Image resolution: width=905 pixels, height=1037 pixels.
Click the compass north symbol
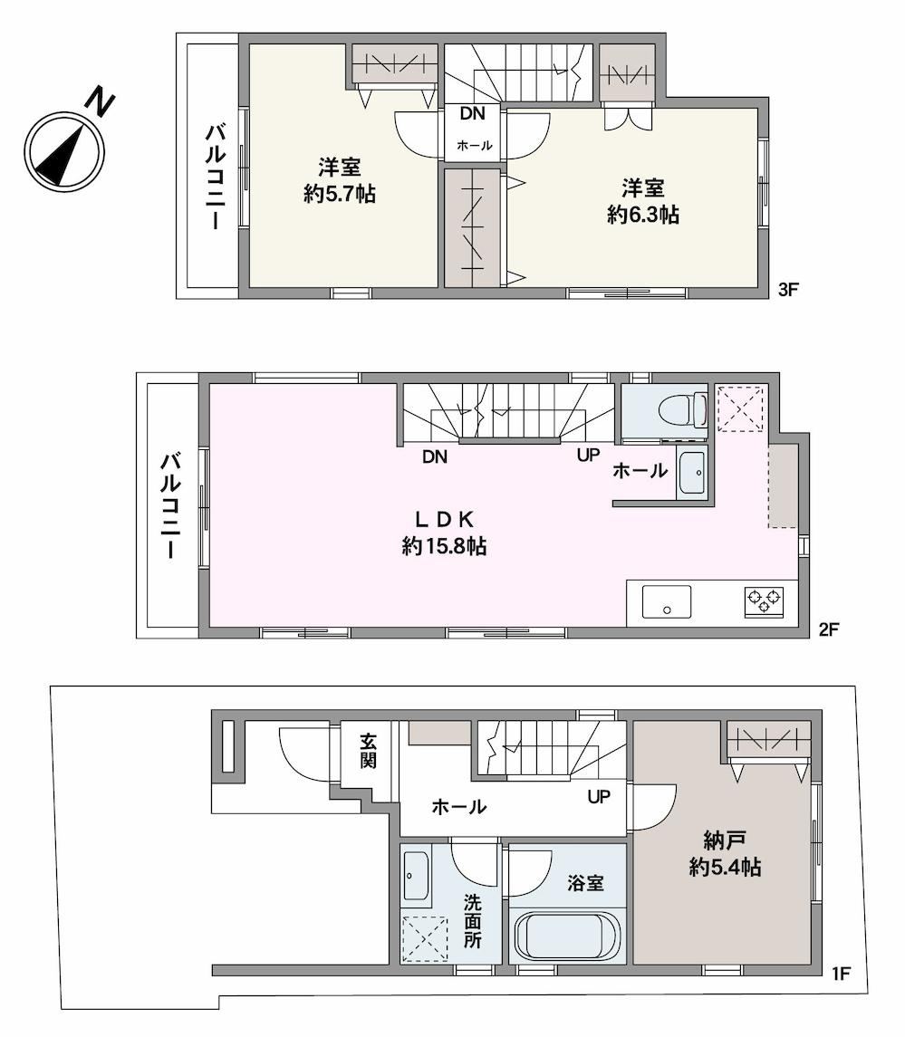click(x=65, y=150)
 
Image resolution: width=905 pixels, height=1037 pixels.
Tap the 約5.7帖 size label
click(x=340, y=195)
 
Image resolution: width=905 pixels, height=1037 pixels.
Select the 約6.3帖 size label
click(x=643, y=215)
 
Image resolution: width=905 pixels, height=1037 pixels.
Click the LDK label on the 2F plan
click(x=444, y=520)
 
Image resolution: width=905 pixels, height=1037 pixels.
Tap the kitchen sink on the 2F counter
click(x=667, y=602)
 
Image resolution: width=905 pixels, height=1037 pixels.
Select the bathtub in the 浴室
click(x=567, y=936)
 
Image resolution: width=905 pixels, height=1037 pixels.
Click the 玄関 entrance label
click(x=369, y=751)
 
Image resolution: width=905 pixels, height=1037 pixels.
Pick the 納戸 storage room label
click(x=725, y=840)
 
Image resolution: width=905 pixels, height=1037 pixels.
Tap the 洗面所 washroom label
click(x=472, y=921)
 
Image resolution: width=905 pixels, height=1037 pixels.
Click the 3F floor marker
click(x=788, y=290)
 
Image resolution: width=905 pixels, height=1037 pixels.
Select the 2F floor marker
click(x=829, y=629)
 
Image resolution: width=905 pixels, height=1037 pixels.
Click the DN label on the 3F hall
click(x=472, y=114)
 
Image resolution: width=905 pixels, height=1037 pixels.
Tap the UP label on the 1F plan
click(x=599, y=798)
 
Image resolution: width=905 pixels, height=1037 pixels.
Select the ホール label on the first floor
click(x=459, y=807)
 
